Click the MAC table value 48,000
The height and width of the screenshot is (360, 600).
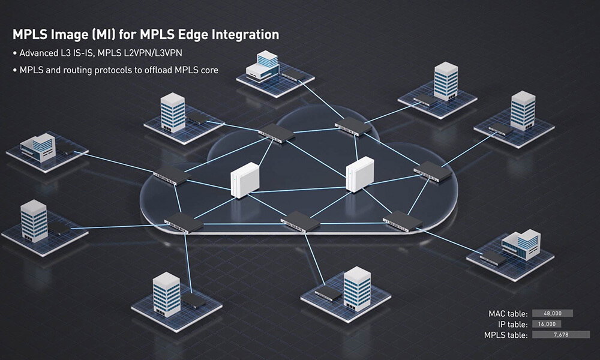click(552, 313)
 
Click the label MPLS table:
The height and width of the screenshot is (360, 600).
click(506, 335)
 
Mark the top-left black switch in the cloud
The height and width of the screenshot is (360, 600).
click(277, 134)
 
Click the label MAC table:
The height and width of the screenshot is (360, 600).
click(508, 313)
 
